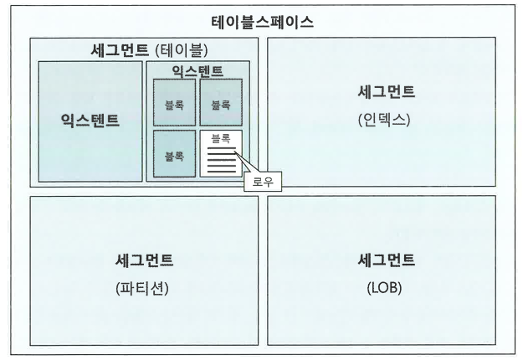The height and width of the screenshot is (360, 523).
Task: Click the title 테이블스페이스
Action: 262,23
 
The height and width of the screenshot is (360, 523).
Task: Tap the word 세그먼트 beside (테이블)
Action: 120,50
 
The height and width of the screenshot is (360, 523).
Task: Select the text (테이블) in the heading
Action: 182,50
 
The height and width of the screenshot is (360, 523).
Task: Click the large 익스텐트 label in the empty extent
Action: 90,120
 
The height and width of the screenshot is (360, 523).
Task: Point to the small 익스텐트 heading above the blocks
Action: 197,71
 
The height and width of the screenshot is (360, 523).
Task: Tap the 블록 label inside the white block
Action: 221,138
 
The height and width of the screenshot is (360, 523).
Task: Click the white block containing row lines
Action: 221,153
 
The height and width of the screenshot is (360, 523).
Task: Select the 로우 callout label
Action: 263,182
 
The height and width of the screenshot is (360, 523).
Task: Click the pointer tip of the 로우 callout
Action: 235,152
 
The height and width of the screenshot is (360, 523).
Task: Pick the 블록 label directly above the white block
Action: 221,105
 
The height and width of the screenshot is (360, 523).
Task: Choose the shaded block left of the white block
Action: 174,153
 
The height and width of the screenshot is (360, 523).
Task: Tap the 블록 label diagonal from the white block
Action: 174,105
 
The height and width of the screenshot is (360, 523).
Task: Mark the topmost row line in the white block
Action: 222,148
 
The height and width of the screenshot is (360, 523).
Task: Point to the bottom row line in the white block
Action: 222,172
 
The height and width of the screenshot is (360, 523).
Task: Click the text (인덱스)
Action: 384,120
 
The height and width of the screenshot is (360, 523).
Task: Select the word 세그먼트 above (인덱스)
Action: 387,91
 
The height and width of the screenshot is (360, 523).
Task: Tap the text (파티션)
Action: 142,288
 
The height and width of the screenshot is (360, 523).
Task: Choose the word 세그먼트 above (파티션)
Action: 144,260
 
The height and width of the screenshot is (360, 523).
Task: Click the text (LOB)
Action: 384,288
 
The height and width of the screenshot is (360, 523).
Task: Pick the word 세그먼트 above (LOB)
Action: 387,260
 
